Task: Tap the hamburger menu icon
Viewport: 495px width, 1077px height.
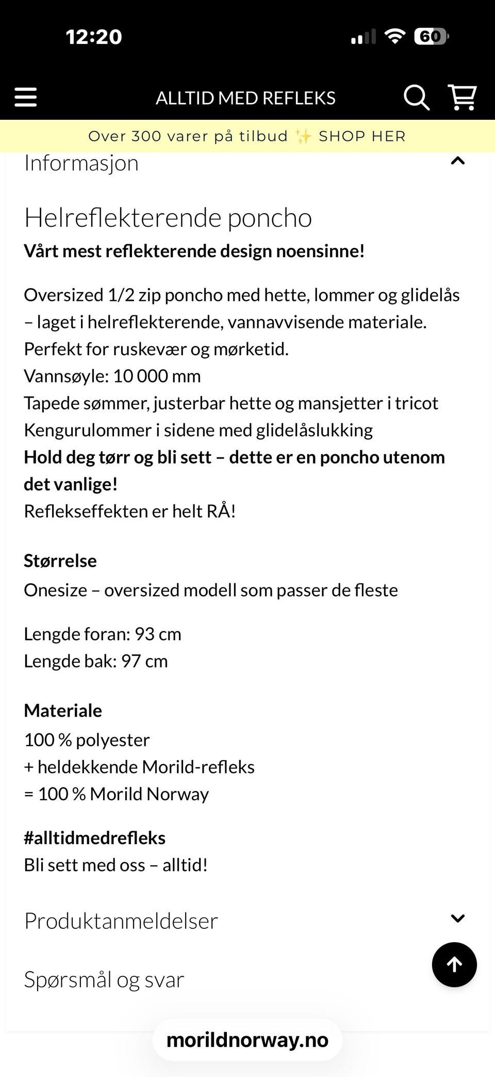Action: pos(26,97)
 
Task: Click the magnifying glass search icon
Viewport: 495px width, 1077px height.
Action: pos(416,97)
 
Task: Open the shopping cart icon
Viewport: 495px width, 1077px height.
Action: pos(463,97)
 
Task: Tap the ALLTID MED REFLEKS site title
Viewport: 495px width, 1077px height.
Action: pos(245,98)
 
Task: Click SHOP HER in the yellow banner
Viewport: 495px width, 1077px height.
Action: pos(362,136)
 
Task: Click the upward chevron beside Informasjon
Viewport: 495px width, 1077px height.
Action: pos(457,161)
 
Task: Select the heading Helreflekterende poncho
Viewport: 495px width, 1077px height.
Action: pos(168,218)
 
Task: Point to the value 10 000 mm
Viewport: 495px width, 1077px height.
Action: pos(157,376)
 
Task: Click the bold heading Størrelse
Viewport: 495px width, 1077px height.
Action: pos(60,561)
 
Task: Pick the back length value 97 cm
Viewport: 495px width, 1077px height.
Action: pos(144,661)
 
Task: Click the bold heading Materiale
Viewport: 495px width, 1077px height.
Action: pos(63,710)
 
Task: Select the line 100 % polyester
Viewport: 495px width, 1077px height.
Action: pos(87,740)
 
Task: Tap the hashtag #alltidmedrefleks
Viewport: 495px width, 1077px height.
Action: pos(94,838)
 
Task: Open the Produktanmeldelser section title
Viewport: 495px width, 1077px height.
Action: pos(121,921)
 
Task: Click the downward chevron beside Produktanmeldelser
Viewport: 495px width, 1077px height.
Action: pos(457,918)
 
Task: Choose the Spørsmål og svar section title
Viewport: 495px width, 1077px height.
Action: pos(104,979)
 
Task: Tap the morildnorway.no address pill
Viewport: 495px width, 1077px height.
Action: pos(247,1040)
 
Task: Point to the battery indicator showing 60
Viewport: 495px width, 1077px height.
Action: pos(431,37)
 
